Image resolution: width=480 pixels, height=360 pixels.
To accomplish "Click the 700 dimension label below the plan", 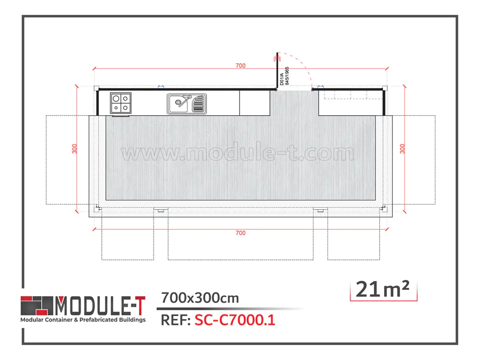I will [x=240, y=233].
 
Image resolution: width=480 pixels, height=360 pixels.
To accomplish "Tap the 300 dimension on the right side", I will [x=402, y=149].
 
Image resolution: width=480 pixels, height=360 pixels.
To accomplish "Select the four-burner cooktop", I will [x=120, y=103].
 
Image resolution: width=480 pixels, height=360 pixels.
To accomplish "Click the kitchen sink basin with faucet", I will [x=180, y=103].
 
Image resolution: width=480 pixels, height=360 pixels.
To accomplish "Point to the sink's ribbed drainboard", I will [x=199, y=103].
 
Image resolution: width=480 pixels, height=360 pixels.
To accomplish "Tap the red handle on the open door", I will [x=275, y=58].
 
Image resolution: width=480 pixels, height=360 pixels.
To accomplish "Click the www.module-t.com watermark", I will [x=238, y=154].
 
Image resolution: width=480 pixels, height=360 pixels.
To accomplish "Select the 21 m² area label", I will [x=383, y=289].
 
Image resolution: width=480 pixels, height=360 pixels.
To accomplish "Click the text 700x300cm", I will [x=200, y=298].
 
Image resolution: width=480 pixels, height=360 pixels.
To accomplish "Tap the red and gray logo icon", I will [x=36, y=305].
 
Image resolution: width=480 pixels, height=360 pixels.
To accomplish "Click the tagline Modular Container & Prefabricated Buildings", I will [x=83, y=320].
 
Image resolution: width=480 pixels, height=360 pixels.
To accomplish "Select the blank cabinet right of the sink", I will [x=254, y=103].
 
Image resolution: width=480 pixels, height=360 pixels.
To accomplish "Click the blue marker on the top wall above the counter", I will [x=160, y=87].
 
